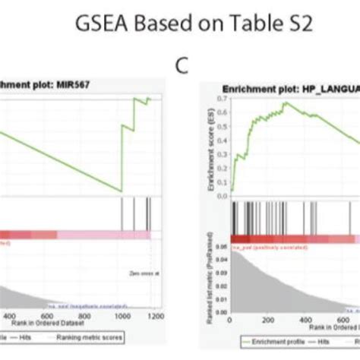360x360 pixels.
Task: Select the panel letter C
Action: [181, 66]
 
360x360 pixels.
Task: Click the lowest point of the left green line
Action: [121, 191]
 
